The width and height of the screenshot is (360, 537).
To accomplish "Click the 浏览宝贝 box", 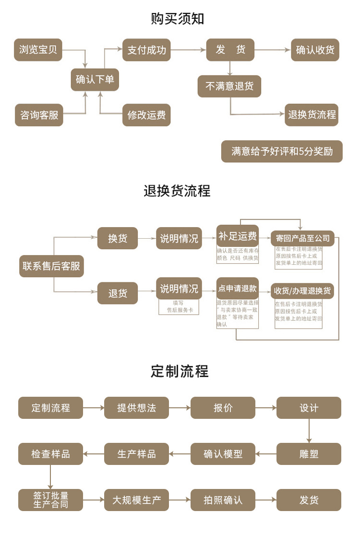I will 38,50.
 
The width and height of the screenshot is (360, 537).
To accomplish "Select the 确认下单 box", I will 95,79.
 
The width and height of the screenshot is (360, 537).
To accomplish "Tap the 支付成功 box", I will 146,50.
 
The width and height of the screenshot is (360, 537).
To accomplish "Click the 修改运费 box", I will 146,115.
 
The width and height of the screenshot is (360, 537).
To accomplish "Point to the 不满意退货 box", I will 229,86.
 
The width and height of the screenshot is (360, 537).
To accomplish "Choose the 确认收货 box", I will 315,50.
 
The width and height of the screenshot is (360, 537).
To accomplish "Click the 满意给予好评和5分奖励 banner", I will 282,151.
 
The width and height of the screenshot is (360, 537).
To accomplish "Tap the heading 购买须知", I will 178,19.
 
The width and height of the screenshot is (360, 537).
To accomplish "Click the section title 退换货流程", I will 177,191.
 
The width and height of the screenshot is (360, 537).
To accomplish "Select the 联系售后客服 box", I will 51,266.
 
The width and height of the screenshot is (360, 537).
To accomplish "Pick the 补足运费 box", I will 238,236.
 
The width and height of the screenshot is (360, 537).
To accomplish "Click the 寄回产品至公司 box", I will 302,238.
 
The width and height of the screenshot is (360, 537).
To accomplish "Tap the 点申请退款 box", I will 238,289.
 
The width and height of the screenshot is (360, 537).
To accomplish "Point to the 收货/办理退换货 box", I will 302,291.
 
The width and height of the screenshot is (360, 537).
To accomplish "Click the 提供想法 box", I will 136,408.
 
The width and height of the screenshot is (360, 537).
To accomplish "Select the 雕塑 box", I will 309,454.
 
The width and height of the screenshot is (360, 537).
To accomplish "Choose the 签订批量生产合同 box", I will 51,500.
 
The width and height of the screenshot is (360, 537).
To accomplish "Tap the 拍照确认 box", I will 223,500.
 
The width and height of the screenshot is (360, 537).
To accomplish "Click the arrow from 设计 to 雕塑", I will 309,431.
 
